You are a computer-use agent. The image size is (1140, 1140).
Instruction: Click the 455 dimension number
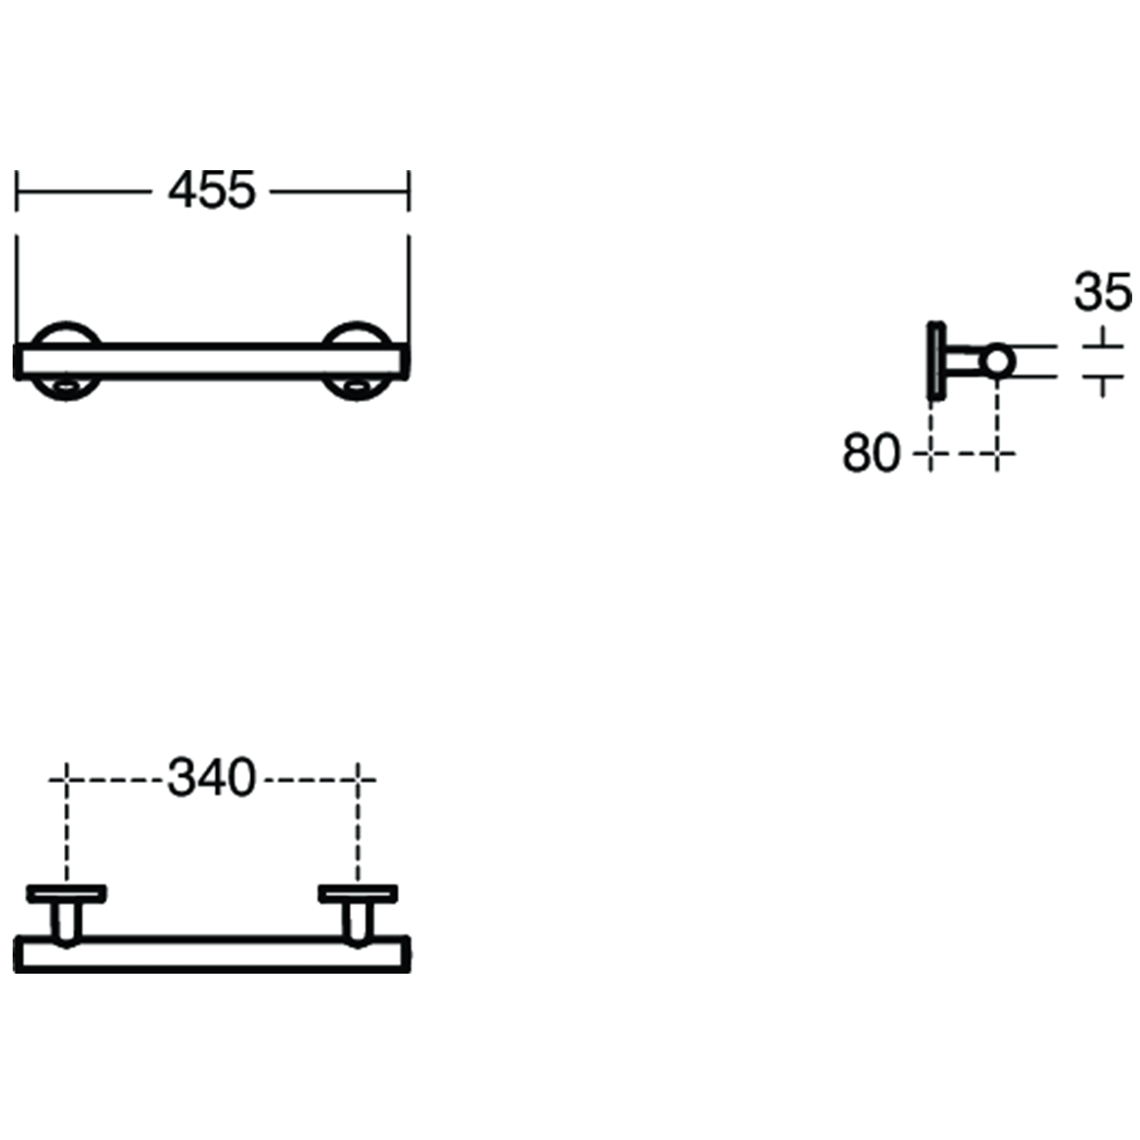(211, 191)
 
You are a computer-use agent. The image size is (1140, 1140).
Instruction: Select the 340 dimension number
(211, 778)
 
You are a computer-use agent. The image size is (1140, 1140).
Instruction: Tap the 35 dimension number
(1102, 292)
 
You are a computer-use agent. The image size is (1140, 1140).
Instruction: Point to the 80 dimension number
(871, 453)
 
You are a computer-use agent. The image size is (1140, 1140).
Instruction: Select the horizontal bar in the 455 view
(211, 361)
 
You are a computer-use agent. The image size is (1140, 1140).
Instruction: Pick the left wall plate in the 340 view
(66, 893)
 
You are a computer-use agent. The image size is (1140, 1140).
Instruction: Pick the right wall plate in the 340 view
(357, 893)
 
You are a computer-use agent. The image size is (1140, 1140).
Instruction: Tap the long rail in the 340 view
(211, 954)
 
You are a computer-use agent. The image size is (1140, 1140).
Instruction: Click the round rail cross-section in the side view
(997, 361)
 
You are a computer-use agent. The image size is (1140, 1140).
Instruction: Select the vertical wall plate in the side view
(935, 360)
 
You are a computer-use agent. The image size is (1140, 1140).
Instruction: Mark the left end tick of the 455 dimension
(17, 191)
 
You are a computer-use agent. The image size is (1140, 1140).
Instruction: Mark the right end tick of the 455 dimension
(409, 191)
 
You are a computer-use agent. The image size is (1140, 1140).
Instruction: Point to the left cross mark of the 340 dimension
(65, 778)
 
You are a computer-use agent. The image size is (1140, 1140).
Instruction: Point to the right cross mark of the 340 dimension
(359, 778)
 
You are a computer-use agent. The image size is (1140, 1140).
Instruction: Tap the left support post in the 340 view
(66, 920)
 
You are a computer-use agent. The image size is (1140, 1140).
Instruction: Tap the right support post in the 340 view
(356, 920)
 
